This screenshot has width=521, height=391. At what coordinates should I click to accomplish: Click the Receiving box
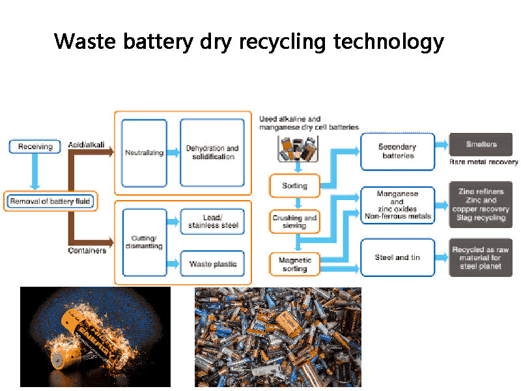click(35, 146)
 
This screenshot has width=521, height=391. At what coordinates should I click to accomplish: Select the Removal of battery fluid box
click(49, 201)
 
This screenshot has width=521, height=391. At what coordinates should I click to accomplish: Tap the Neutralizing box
click(144, 153)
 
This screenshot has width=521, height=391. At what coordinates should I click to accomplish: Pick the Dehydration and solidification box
click(212, 153)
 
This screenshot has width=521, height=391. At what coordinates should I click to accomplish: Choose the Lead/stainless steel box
click(213, 222)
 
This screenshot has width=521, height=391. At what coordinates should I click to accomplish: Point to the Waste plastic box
click(213, 263)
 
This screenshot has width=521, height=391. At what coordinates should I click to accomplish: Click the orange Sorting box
click(294, 186)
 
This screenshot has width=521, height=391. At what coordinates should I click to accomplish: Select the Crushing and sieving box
click(294, 222)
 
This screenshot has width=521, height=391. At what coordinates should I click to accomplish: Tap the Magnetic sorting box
click(294, 264)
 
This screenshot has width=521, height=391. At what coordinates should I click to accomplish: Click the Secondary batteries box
click(397, 152)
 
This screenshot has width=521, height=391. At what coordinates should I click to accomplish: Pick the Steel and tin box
click(397, 257)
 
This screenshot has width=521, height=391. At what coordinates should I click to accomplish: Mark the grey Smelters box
click(481, 145)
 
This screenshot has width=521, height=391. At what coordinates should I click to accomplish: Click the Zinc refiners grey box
click(481, 205)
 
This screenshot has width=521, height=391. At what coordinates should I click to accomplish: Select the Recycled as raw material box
click(481, 257)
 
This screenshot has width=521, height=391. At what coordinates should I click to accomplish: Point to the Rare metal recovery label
click(483, 162)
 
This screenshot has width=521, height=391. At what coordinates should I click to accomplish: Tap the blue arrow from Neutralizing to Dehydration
click(173, 153)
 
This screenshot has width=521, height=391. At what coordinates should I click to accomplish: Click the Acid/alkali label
click(86, 145)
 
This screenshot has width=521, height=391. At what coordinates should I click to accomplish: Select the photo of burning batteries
click(95, 336)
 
